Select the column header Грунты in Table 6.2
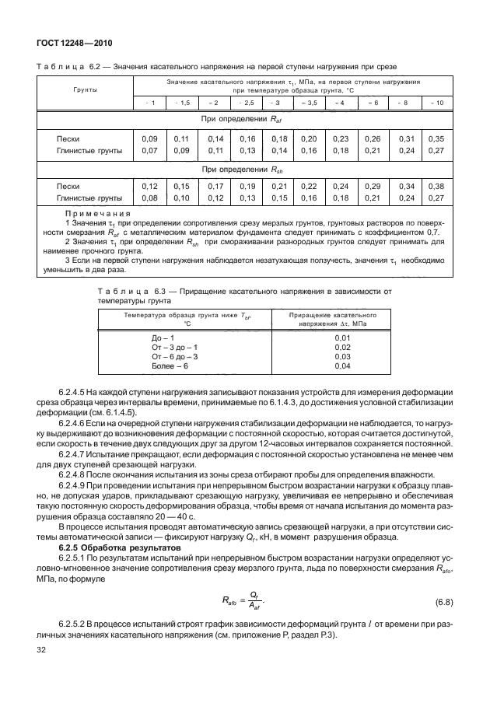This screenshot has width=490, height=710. [85, 91]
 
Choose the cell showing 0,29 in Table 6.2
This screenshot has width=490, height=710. [372, 187]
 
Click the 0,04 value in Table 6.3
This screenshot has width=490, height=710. [342, 365]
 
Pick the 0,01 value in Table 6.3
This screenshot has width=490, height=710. [342, 338]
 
